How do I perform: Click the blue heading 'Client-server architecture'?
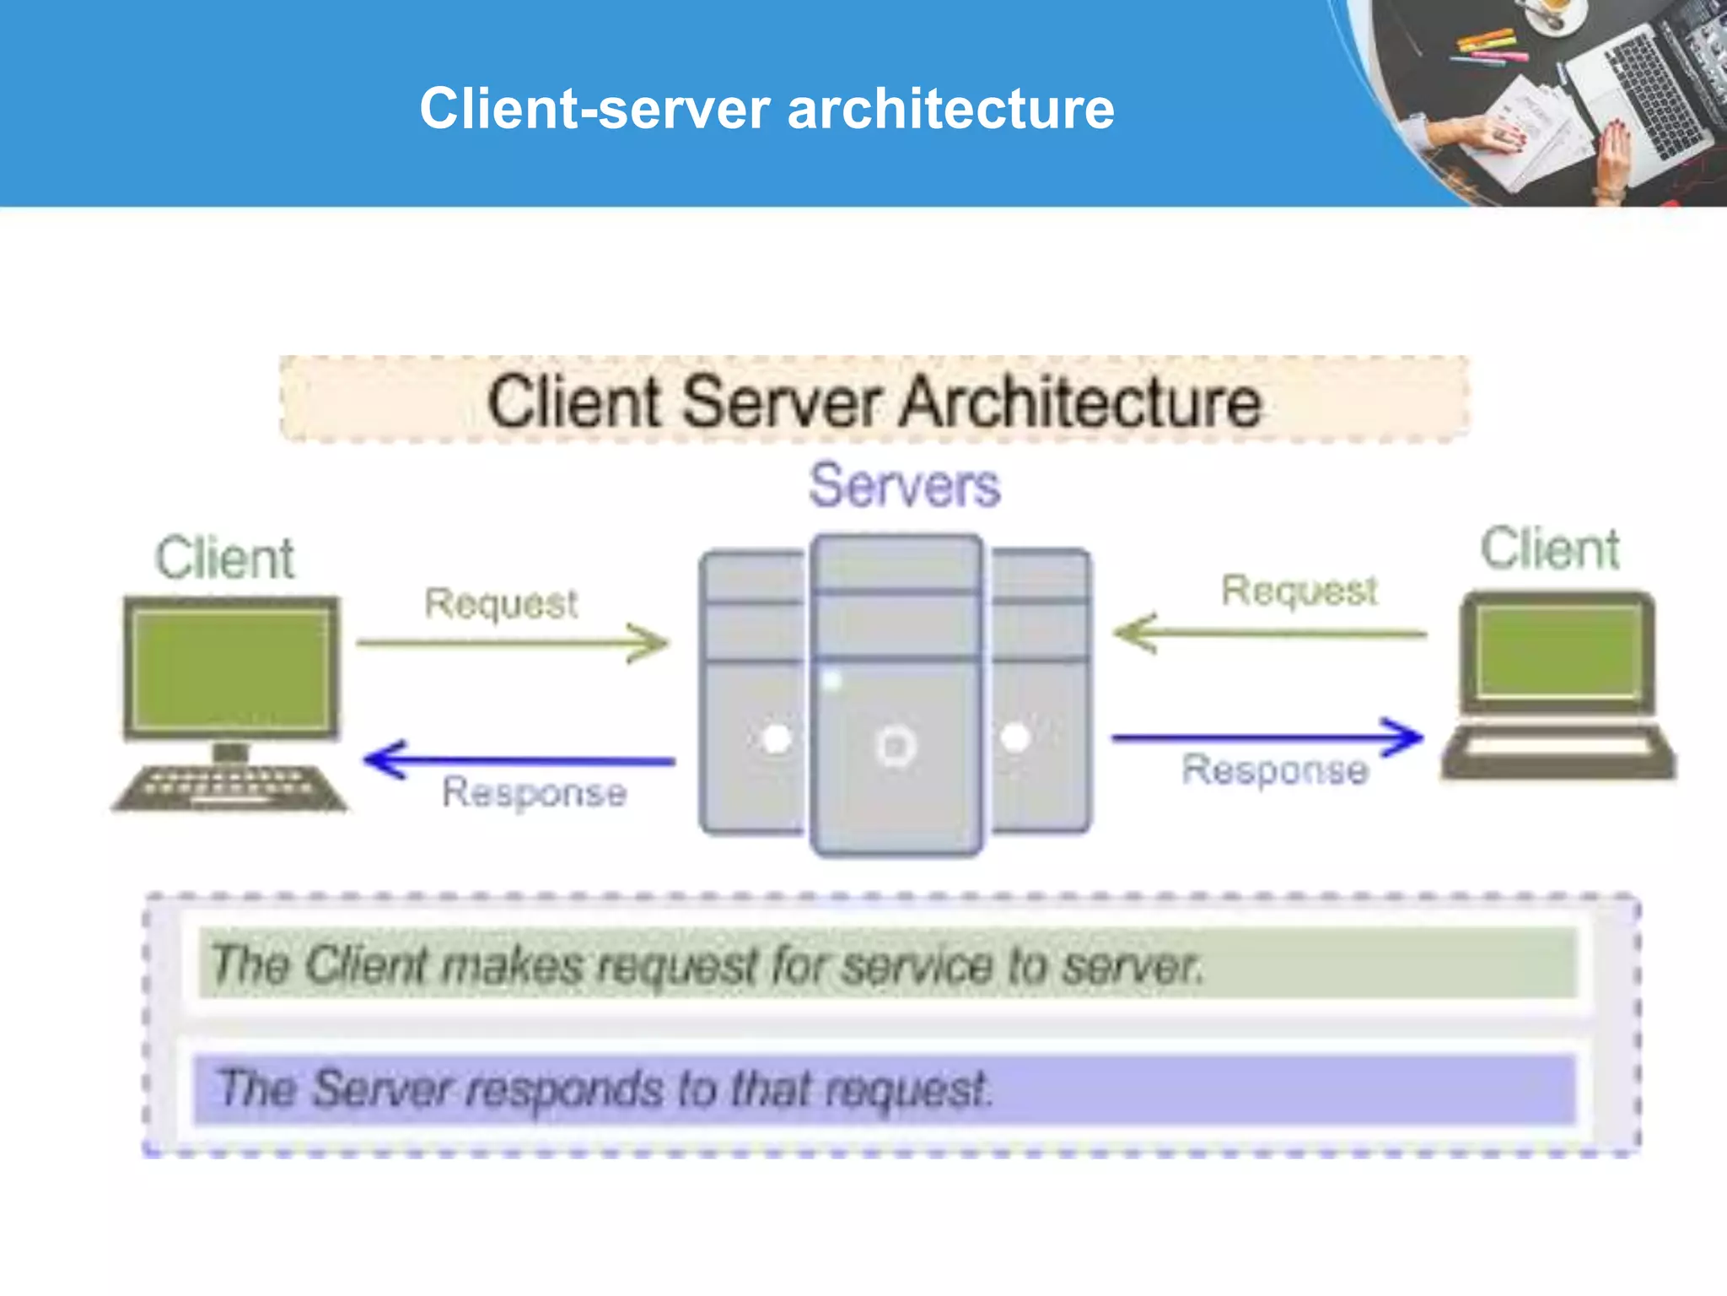click(767, 109)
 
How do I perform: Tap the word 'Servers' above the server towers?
click(904, 486)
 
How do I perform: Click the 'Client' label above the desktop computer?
click(224, 559)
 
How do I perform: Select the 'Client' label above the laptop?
click(1550, 549)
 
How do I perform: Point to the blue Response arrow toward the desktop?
click(519, 760)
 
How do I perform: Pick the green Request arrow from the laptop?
click(1269, 633)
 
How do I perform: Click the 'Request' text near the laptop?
click(1299, 591)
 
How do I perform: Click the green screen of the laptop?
click(1558, 652)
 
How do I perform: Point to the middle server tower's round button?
click(896, 747)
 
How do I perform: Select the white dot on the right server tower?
click(1014, 738)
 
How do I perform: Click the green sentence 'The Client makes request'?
click(707, 964)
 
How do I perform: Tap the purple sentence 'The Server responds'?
click(603, 1088)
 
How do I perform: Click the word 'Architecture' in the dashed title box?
click(1080, 402)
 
